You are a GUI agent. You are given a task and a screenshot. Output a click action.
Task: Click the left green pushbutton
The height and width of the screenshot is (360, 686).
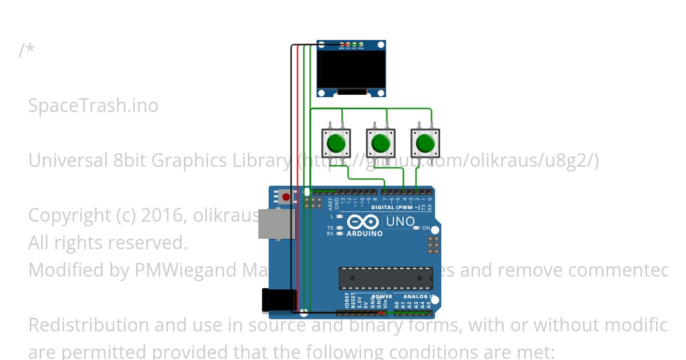point(336,143)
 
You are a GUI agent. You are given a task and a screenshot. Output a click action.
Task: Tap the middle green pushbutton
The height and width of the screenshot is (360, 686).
point(380,143)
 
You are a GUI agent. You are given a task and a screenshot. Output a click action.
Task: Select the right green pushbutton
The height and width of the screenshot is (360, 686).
point(425,143)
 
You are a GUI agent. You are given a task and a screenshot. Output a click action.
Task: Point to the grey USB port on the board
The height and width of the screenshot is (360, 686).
point(277,223)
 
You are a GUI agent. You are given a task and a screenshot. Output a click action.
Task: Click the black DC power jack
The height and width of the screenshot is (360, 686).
point(279,300)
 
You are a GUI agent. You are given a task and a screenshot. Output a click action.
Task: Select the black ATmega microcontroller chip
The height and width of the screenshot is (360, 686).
point(385,278)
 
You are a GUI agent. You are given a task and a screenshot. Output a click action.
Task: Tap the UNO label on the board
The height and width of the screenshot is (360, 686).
point(400,221)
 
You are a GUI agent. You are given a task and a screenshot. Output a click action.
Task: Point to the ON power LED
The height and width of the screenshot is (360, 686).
point(417,228)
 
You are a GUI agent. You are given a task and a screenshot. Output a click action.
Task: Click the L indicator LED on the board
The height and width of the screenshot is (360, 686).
point(340,217)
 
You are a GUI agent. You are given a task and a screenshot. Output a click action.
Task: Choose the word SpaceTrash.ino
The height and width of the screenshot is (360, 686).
point(93,106)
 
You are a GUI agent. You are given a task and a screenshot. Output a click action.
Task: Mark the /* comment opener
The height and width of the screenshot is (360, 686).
point(26,50)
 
